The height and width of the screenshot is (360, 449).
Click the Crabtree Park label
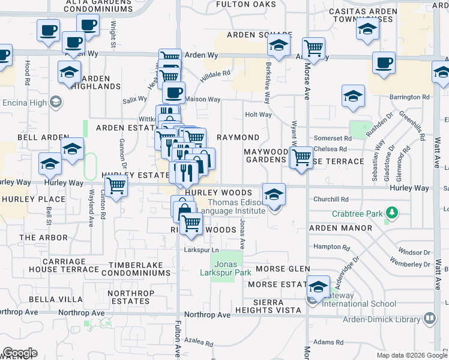[x=359, y=214]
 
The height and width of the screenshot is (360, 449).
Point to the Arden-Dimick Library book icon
[x=429, y=318]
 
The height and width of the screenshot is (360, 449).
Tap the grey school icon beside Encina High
[x=56, y=102]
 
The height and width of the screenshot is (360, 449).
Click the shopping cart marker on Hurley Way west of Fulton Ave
[x=115, y=185]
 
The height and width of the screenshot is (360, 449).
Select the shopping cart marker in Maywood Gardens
[x=301, y=158]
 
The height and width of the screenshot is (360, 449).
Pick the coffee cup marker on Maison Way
[x=174, y=93]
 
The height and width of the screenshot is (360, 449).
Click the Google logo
[x=20, y=353]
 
